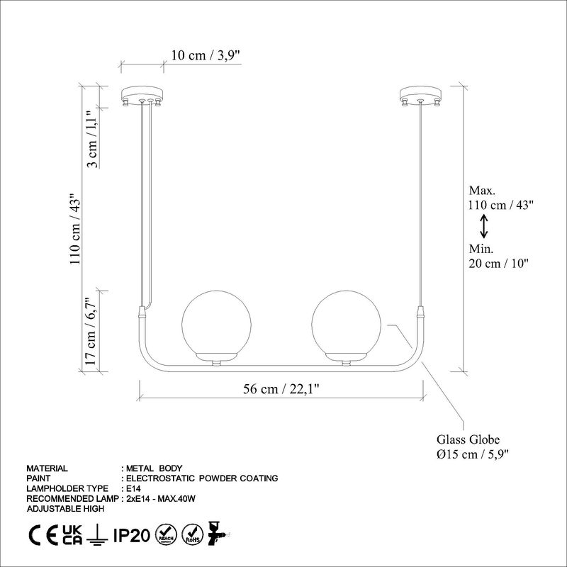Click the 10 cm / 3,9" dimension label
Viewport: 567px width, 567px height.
point(210,55)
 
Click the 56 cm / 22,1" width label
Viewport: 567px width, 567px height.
point(281,388)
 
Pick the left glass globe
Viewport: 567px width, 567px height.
point(217,322)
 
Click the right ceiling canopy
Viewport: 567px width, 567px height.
point(421,95)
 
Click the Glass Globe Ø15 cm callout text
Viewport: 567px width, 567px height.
point(473,446)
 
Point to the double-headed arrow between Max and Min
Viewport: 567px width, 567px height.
point(484,226)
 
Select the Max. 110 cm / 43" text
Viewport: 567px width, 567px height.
point(500,198)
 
